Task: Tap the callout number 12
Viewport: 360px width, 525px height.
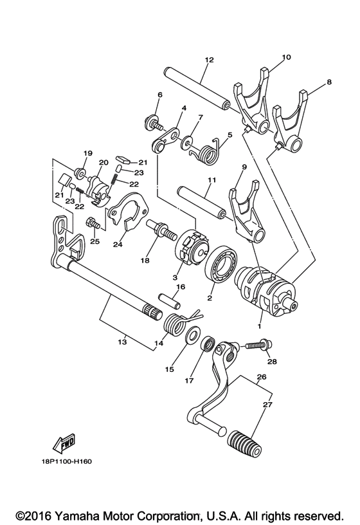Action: click(208, 59)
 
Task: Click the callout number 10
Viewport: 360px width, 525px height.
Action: click(285, 57)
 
